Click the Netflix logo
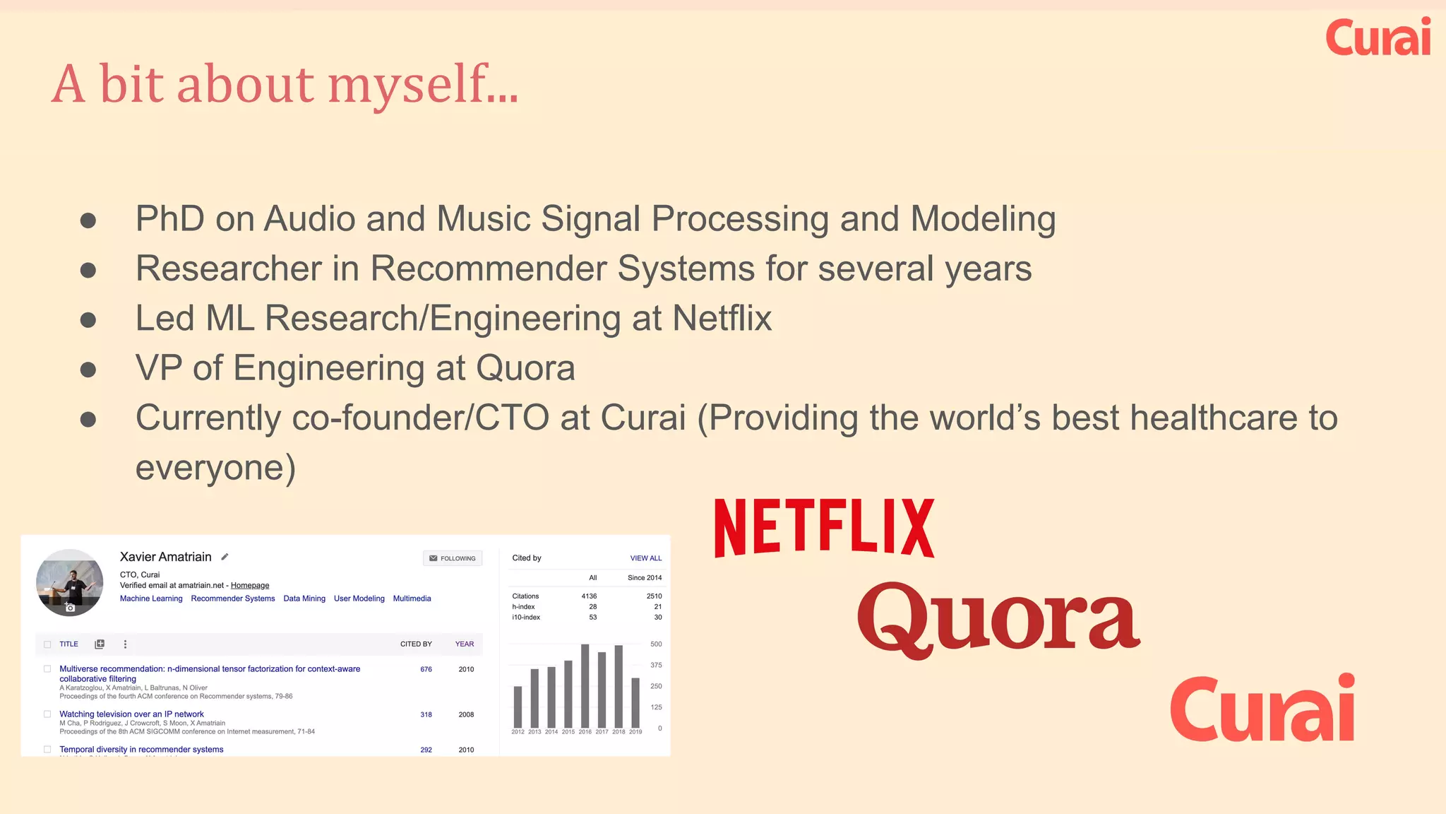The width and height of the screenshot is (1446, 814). pos(824,528)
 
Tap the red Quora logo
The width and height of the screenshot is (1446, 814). pos(998,619)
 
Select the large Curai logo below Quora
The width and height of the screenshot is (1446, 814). pos(1262,708)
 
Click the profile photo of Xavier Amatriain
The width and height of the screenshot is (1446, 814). pos(70,582)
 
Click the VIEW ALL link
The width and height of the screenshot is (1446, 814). pos(645,558)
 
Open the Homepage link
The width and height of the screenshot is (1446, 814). pos(250,586)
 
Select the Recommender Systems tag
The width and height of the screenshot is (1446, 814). pos(233,598)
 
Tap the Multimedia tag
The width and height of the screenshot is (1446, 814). pos(412,598)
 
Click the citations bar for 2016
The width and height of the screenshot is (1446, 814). pos(585,685)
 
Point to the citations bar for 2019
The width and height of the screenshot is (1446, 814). pos(635,703)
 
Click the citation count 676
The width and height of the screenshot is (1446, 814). pos(426,669)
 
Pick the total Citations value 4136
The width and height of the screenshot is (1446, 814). pos(589,596)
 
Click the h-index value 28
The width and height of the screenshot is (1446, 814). pos(592,607)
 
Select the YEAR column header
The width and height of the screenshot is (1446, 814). pos(464,644)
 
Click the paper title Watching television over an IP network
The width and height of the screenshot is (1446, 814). pos(131,714)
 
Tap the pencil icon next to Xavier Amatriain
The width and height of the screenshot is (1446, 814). pos(225,557)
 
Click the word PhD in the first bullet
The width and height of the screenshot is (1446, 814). pos(169,219)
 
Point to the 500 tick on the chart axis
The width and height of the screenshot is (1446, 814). pos(656,644)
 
